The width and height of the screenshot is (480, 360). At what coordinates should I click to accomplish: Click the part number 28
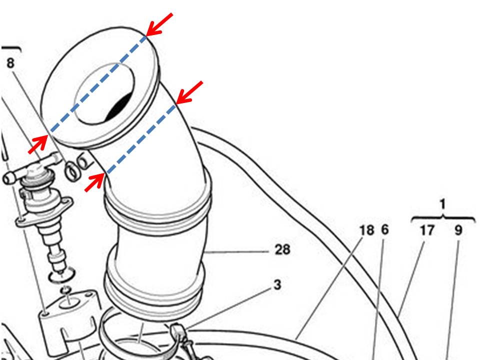(282, 249)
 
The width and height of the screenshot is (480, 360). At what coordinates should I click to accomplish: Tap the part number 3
(277, 285)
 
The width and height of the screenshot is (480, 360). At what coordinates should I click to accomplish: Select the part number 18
(367, 230)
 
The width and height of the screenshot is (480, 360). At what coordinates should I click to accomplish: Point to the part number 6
(384, 230)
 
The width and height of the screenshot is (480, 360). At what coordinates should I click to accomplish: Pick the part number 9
(458, 230)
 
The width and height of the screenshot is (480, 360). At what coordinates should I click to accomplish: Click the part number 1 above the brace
(442, 204)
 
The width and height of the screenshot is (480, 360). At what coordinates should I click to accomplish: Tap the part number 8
(10, 63)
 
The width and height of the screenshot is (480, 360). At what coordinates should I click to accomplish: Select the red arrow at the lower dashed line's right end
(190, 92)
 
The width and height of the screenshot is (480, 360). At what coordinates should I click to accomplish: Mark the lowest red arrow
(94, 182)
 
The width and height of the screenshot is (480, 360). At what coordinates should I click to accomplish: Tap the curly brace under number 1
(442, 218)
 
